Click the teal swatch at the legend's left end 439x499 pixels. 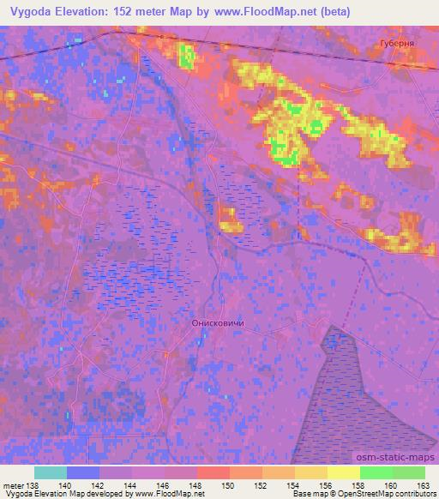(51, 472)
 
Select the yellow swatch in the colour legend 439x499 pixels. (343, 472)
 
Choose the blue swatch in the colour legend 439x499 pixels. (83, 472)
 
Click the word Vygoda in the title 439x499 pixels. (27, 9)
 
